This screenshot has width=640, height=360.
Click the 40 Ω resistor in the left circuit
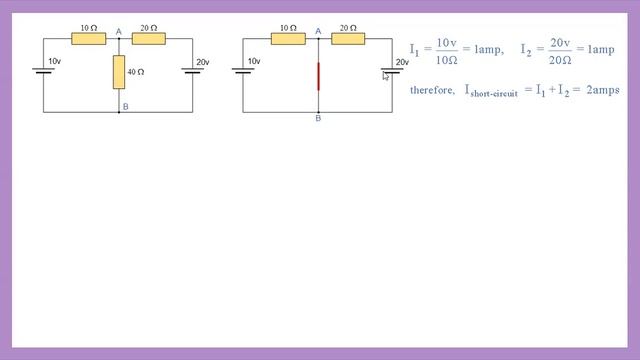click(x=119, y=71)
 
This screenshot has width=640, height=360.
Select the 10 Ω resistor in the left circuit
click(x=88, y=40)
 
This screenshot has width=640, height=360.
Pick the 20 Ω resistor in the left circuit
click(x=148, y=40)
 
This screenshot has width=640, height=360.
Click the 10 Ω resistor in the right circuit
click(x=288, y=40)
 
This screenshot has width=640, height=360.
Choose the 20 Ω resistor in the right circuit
click(x=349, y=40)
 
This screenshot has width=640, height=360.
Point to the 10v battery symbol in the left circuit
click(x=43, y=71)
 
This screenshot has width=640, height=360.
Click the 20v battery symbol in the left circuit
click(x=192, y=71)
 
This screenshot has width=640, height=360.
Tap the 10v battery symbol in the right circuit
click(x=243, y=71)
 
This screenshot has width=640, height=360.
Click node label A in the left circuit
click(x=119, y=31)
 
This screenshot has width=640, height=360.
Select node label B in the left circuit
click(x=124, y=106)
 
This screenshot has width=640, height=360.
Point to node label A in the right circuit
click(x=319, y=31)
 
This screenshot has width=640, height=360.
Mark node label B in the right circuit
click(x=318, y=119)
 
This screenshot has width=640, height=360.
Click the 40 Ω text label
click(x=136, y=72)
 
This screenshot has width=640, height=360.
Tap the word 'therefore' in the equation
click(x=432, y=90)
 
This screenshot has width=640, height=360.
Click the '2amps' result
click(x=603, y=90)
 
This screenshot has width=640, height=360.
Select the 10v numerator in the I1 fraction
click(x=447, y=43)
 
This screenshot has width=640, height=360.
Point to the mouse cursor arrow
click(x=385, y=76)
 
